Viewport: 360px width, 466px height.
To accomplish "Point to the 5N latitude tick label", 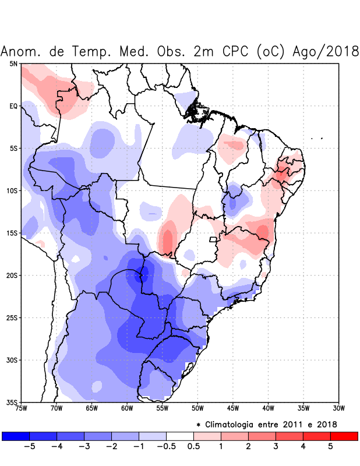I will coord(13,63).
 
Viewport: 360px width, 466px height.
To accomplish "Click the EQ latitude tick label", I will coord(13,106).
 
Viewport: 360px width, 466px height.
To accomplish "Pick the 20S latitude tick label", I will coord(12,276).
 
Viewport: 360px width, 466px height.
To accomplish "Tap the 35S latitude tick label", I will coord(12,403).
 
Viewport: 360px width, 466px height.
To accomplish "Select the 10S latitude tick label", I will coord(12,190).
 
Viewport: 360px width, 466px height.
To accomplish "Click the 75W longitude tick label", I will coord(22,408).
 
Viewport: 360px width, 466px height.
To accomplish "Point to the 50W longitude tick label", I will coord(197,408).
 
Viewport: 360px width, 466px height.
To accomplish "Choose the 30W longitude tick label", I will coord(339,408).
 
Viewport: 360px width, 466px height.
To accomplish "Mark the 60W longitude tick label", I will coord(127,408).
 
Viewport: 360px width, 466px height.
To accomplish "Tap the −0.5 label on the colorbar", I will coord(166,447).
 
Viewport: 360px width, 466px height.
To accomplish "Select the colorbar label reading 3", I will coord(276,447).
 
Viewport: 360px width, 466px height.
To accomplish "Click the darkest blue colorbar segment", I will coord(16,436).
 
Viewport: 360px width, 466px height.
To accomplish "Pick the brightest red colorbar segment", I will coord(344,436).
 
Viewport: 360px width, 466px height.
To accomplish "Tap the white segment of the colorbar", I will coord(179,436).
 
